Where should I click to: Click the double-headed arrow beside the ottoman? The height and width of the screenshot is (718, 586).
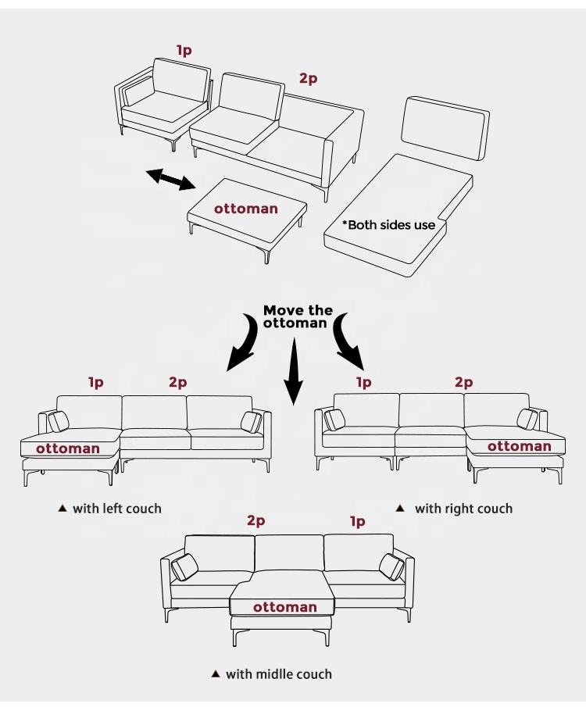[x=170, y=179]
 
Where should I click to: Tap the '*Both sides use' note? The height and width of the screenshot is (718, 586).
[x=388, y=225]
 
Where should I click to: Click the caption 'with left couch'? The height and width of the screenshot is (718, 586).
[x=116, y=509]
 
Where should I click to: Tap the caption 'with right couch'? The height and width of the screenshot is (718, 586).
[x=463, y=509]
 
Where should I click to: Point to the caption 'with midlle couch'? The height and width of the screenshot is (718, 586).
[x=278, y=674]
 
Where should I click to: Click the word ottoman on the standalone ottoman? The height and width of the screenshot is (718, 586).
[x=245, y=209]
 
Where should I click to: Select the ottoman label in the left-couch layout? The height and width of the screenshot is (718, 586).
[x=68, y=448]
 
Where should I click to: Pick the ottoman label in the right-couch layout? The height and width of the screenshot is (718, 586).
[x=520, y=447]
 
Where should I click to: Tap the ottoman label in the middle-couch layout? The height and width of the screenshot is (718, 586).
[x=284, y=607]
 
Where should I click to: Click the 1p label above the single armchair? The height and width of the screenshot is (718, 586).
[x=184, y=51]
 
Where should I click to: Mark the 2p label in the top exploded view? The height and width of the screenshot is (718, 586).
[x=309, y=78]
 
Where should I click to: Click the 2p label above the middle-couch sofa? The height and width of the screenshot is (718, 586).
[x=256, y=520]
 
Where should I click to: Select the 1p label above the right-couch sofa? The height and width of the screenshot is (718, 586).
[x=364, y=382]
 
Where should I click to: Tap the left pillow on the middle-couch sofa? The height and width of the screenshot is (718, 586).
[x=184, y=566]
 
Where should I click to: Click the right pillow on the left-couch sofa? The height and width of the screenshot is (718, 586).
[x=252, y=422]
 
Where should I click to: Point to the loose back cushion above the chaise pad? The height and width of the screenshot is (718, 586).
[x=445, y=127]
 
